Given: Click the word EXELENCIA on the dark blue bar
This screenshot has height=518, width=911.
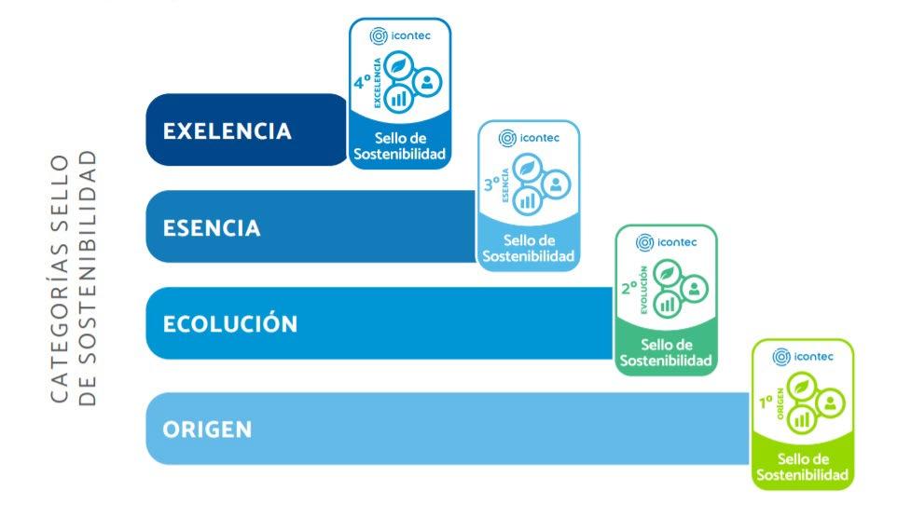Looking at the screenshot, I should (227, 130).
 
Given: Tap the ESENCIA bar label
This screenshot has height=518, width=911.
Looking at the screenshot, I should (212, 228).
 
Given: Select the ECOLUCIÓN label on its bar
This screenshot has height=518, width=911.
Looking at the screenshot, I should (230, 324).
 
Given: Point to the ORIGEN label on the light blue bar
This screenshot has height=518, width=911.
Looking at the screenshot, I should (207, 429).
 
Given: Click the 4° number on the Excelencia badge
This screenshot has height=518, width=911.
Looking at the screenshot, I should (362, 83).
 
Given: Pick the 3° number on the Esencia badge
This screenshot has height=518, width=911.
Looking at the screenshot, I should (492, 184).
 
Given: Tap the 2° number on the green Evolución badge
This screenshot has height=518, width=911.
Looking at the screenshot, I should (629, 289).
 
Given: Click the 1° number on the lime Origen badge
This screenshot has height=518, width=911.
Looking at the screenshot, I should (766, 402).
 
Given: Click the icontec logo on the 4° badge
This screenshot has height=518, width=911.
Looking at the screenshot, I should (400, 36).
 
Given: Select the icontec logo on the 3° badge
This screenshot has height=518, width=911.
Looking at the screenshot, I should (529, 138).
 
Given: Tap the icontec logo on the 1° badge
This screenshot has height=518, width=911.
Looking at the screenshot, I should (803, 356).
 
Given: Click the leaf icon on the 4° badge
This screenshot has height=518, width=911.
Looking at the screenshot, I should (399, 67).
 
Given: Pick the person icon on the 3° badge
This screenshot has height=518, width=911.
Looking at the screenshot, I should (556, 184).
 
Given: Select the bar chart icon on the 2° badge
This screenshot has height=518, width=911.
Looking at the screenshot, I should (667, 304).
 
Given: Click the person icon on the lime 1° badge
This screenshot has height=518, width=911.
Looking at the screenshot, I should (830, 402).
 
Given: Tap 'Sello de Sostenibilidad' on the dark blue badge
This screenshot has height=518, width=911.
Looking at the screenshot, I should (400, 146).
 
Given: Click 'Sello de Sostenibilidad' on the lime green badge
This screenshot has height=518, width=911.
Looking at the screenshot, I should (803, 467).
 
